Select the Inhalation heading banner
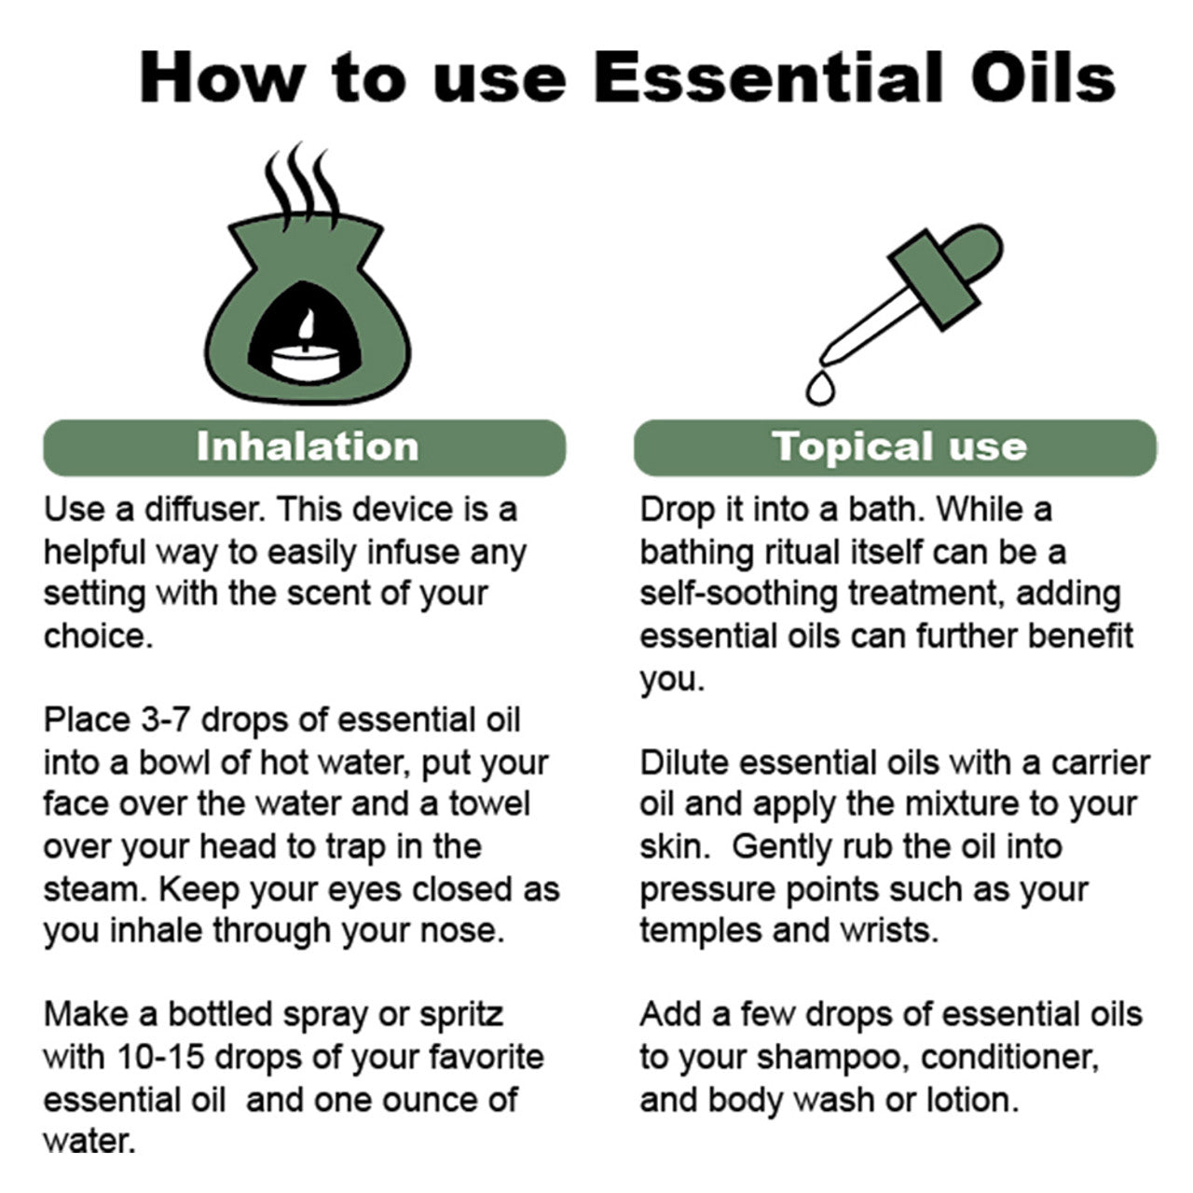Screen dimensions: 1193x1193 coord(305,447)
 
